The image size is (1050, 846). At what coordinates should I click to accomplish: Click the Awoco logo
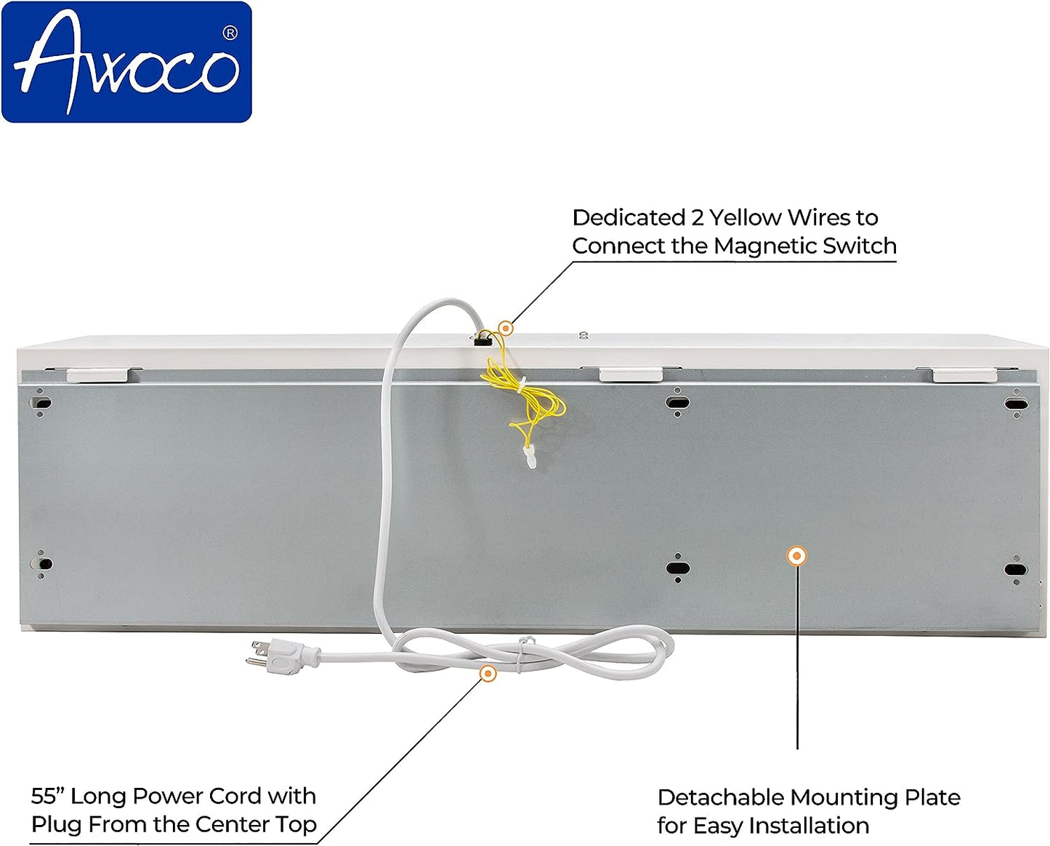point(127,63)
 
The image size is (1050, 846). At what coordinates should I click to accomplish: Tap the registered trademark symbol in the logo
point(230,33)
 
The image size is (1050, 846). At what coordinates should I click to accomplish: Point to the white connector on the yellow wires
point(530,457)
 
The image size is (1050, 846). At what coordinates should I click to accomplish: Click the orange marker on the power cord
point(488,674)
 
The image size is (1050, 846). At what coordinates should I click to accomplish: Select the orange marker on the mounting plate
point(797,556)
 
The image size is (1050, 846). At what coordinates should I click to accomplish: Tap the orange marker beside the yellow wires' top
point(506,329)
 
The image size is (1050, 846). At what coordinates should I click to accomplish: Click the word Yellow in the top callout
point(746,217)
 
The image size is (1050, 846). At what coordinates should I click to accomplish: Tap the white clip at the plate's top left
point(98,375)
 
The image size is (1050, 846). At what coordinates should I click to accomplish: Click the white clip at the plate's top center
point(631,374)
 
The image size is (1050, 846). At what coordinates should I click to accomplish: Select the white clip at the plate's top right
point(964,375)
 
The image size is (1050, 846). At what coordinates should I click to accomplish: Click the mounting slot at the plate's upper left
point(41,402)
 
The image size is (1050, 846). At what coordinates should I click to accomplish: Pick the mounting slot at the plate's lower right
point(1015,569)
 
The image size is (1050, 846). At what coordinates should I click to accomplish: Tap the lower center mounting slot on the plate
point(677,568)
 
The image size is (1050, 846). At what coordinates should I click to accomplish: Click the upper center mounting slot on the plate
point(677,402)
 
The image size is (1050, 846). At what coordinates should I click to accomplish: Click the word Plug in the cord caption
point(52,825)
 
